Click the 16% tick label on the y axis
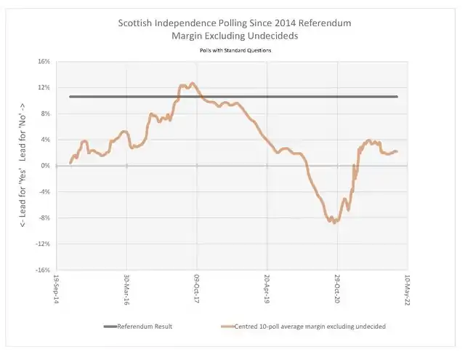click(43, 62)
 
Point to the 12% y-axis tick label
click(43, 88)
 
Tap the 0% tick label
click(45, 166)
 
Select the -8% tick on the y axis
click(43, 217)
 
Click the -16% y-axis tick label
click(41, 270)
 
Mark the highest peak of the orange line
click(192, 84)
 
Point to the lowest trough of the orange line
click(334, 222)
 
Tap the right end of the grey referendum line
click(397, 96)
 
